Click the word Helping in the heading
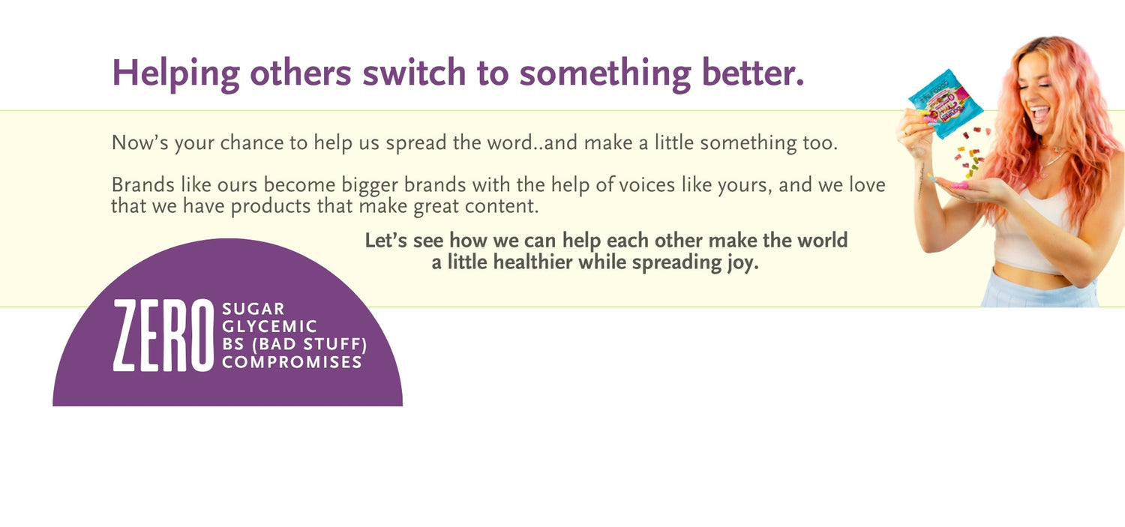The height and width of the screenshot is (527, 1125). click(175, 74)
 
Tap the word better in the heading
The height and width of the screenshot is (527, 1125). click(753, 73)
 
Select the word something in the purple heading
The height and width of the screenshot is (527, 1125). click(604, 74)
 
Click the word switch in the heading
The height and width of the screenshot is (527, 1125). click(414, 73)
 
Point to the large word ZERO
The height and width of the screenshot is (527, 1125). click(163, 335)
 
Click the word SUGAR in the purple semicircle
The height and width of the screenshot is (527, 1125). click(253, 309)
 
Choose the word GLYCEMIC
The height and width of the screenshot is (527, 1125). click(269, 326)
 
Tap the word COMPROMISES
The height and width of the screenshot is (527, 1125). click(292, 362)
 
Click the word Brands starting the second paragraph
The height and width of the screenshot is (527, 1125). click(143, 184)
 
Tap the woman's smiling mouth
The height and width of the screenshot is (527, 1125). click(1039, 113)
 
